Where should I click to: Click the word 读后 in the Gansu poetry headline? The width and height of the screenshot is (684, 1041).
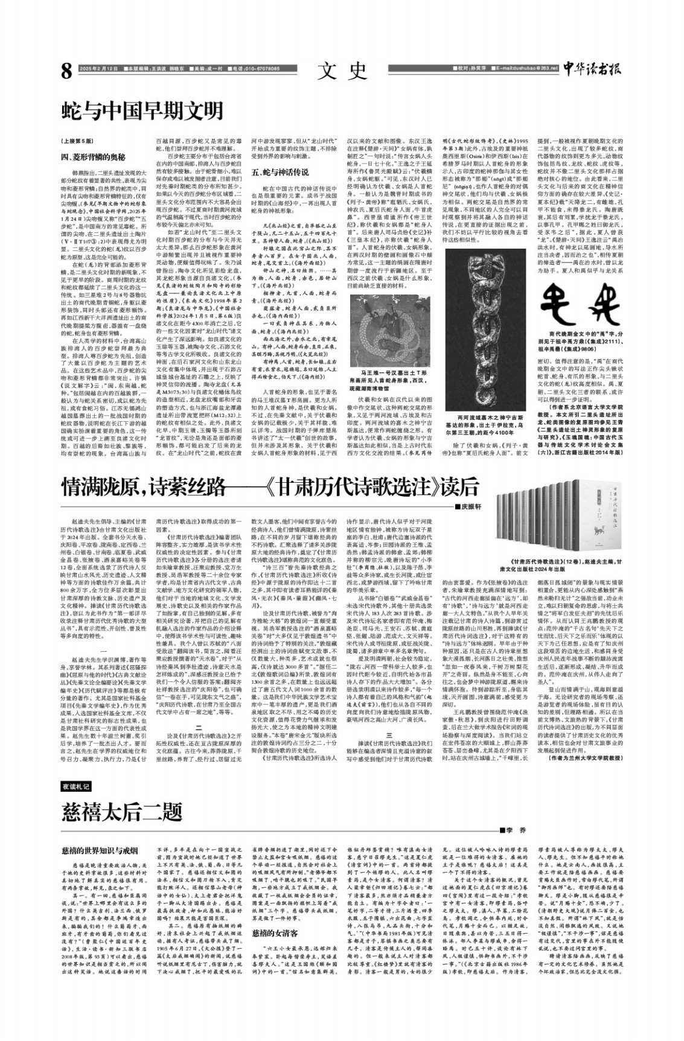point(459,486)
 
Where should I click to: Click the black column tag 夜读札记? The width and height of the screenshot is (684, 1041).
point(77,787)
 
